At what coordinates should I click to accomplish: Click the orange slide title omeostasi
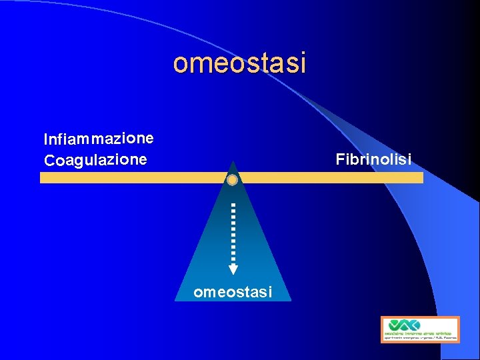[x=239, y=63]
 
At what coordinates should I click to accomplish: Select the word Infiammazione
[x=99, y=139]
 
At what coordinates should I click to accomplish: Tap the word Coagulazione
[x=95, y=160]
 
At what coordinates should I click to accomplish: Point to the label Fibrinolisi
[x=373, y=160]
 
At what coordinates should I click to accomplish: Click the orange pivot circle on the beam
[x=232, y=180]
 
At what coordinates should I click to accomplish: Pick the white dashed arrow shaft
[x=233, y=233]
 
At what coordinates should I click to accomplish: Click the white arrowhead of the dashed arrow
[x=233, y=269]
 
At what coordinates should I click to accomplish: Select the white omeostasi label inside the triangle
[x=233, y=291]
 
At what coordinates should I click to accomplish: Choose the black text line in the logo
[x=420, y=338]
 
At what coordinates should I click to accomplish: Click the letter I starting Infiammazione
[x=46, y=139]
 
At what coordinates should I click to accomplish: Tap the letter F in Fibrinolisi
[x=340, y=160]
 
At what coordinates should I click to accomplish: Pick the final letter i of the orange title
[x=302, y=63]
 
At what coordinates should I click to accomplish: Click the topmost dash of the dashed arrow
[x=233, y=205]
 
